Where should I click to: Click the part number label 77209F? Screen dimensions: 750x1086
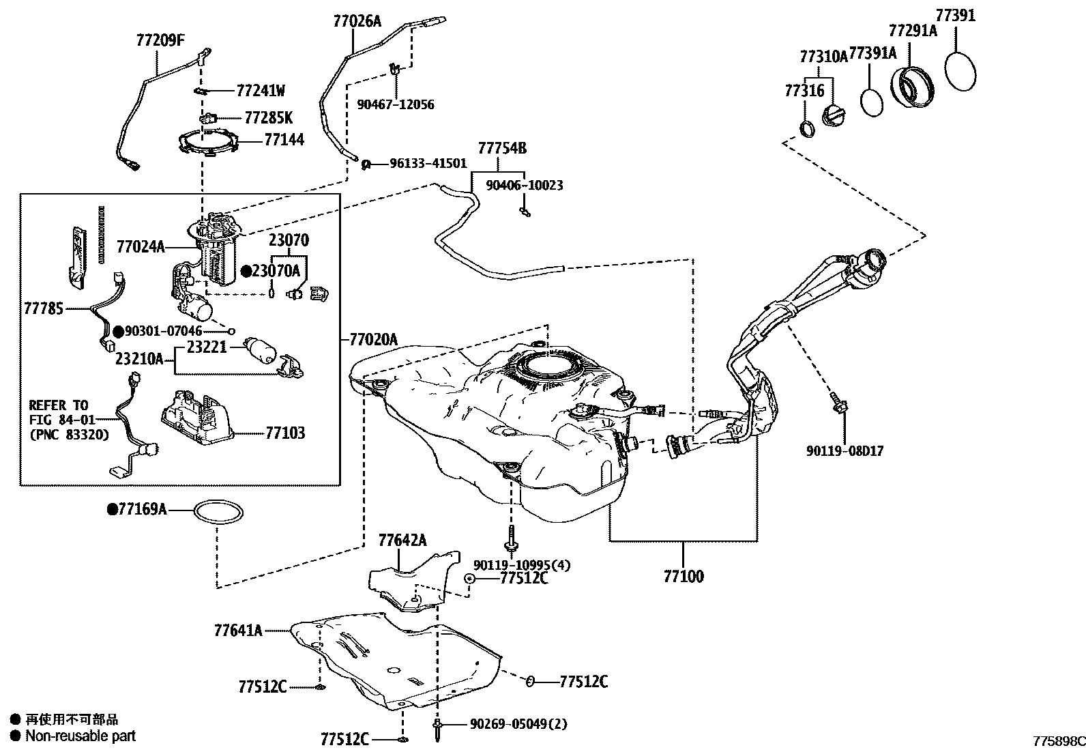(160, 40)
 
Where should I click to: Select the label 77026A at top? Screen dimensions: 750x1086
(357, 21)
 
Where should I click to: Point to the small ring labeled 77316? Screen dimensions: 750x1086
(807, 128)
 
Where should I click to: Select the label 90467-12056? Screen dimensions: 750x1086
(396, 104)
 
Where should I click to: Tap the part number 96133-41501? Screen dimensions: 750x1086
(428, 164)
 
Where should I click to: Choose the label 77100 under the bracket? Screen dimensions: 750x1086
(684, 577)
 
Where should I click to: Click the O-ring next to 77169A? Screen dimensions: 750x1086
(218, 512)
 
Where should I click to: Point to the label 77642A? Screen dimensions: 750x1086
(402, 541)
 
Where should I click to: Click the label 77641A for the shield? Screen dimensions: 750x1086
(237, 631)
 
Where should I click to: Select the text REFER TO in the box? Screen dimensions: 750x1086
(59, 405)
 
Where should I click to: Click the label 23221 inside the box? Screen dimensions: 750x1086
(206, 347)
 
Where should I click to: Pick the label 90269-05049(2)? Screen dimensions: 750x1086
(518, 724)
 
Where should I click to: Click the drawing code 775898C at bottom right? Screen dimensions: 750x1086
(1057, 741)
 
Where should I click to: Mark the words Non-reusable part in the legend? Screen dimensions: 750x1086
(80, 736)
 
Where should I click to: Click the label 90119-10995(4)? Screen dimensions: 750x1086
(522, 565)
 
